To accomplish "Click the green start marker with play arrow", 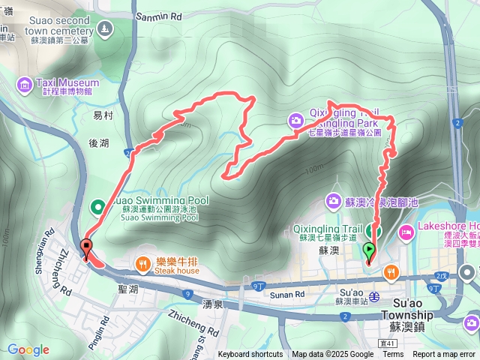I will [x=369, y=250].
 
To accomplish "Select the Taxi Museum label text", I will [x=67, y=82].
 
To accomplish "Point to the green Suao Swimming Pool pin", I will [x=97, y=205].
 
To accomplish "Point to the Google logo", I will [x=28, y=349].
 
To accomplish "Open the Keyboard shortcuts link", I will [x=250, y=355].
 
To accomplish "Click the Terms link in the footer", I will [x=393, y=355].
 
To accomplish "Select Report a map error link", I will [x=444, y=355].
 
